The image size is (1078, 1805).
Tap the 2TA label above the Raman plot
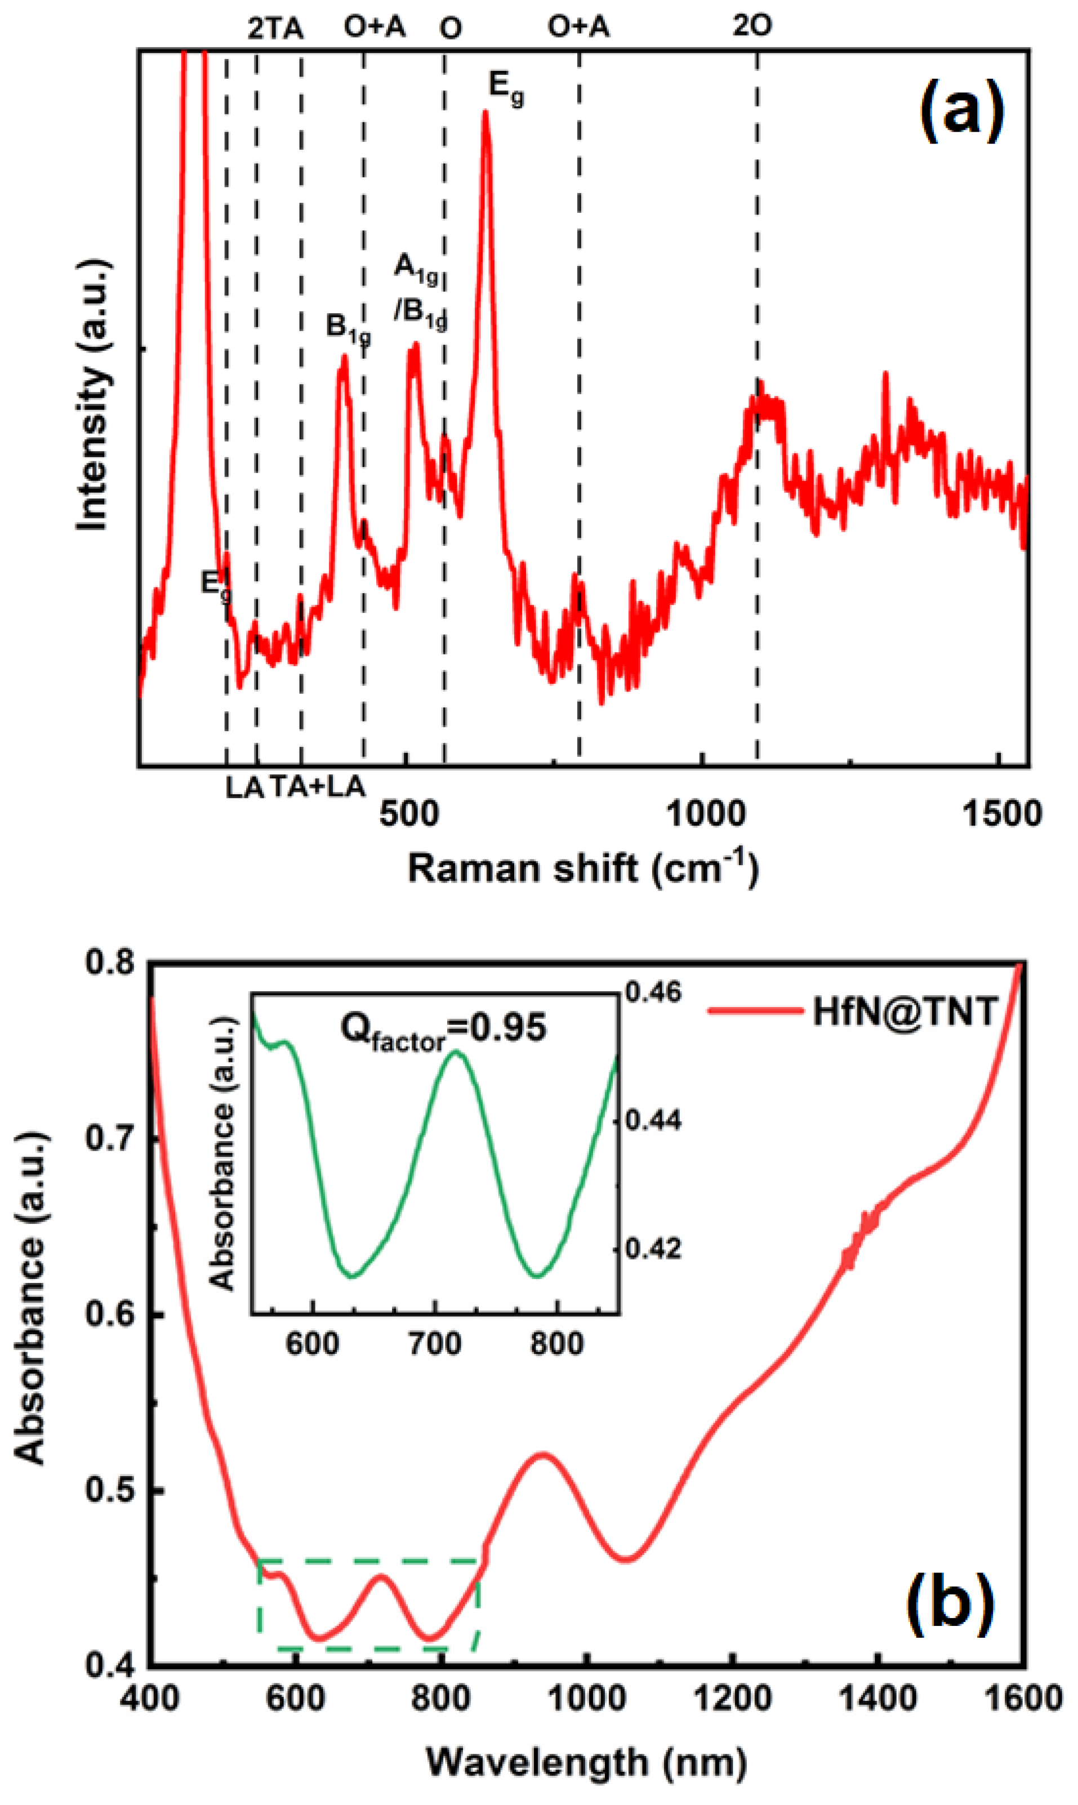275,28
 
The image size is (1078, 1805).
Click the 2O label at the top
752,26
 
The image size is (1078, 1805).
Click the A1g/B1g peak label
420,291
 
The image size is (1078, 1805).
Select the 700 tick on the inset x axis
434,1344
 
